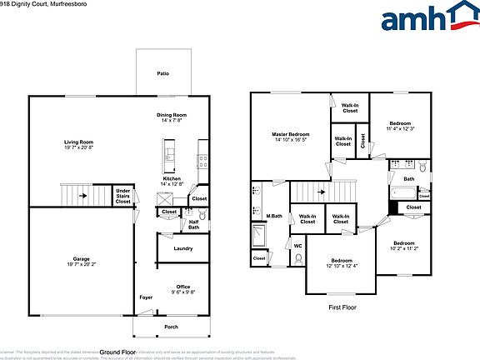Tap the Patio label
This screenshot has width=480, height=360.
click(x=163, y=74)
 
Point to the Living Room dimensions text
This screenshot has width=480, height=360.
click(x=79, y=147)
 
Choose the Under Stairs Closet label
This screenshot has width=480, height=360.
click(x=122, y=196)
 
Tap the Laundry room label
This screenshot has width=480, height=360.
click(x=183, y=248)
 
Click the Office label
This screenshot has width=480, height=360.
click(x=182, y=287)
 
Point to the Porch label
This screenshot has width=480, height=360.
click(x=171, y=327)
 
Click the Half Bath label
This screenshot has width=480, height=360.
click(x=193, y=224)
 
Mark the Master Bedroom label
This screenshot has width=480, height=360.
click(x=291, y=134)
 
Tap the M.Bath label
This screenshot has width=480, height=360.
click(x=272, y=217)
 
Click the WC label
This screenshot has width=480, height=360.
click(x=297, y=246)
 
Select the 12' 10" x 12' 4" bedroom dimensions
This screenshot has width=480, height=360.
click(x=341, y=266)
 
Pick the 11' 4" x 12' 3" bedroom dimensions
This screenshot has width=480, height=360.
click(x=400, y=129)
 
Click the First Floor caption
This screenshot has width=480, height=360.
click(x=343, y=307)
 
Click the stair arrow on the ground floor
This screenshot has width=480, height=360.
click(x=82, y=197)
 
